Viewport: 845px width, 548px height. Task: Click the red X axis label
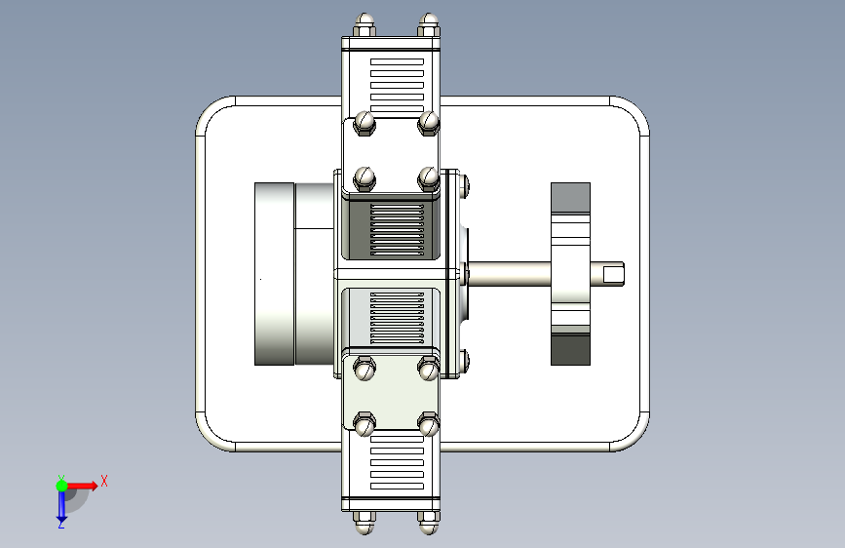coord(104,481)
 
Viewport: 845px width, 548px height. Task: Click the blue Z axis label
coord(61,524)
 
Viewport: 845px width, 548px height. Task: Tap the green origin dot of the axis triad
coord(61,486)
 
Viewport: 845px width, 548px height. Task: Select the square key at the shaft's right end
coord(613,275)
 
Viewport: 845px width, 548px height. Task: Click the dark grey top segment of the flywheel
coord(570,197)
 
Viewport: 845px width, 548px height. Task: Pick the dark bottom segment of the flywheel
coord(570,350)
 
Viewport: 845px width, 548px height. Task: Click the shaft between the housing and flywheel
coord(510,274)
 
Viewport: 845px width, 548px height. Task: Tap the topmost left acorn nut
coord(365,25)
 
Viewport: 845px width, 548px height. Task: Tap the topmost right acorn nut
coord(429,25)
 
